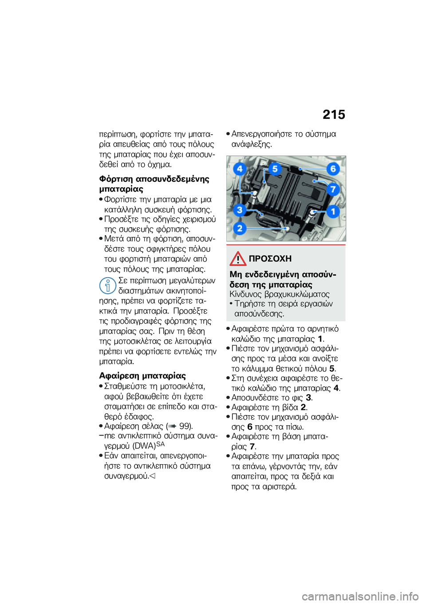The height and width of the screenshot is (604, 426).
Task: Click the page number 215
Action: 334,115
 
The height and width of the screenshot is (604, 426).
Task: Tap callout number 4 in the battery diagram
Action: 240,169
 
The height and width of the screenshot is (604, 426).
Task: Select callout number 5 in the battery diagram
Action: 275,169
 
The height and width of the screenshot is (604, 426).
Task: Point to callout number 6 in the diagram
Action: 333,169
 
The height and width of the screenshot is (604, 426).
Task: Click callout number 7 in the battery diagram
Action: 333,189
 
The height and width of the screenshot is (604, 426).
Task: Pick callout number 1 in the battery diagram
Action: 333,211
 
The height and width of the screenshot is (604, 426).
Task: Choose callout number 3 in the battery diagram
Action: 240,209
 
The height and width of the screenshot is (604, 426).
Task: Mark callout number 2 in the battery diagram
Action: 240,228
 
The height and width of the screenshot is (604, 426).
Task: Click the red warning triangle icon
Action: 238,259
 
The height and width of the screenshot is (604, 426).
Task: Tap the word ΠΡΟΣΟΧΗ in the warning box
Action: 270,259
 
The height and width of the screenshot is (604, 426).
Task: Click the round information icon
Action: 107,285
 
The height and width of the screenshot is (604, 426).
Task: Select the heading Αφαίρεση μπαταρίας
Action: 142,376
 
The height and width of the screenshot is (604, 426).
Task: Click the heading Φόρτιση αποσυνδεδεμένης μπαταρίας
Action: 154,184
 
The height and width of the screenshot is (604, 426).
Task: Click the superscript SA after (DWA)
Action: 160,444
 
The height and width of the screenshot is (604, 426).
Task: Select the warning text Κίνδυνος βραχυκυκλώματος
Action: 280,294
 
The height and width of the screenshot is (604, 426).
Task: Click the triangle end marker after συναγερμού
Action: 152,476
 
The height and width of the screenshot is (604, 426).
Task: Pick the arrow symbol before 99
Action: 173,427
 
